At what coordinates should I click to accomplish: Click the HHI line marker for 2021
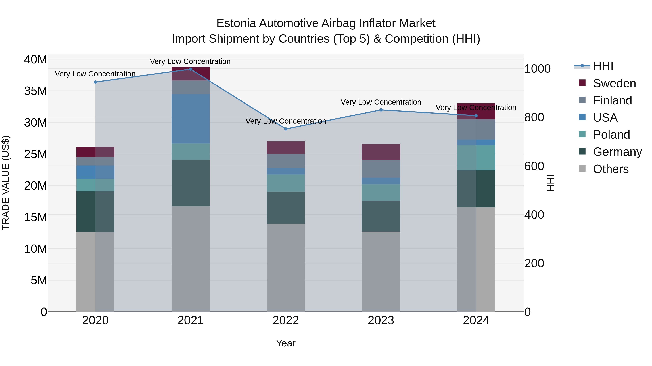tap(191, 69)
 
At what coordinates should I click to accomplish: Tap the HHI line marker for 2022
tap(286, 129)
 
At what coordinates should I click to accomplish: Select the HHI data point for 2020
tap(95, 82)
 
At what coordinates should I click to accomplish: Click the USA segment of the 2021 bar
tap(191, 119)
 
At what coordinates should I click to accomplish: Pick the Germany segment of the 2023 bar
tap(381, 216)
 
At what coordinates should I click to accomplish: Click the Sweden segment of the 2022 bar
tap(286, 147)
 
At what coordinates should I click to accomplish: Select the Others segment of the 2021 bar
tap(191, 259)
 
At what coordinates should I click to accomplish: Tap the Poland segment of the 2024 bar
tap(476, 158)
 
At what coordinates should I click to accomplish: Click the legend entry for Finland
tap(612, 100)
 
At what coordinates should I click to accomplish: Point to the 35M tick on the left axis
tap(36, 91)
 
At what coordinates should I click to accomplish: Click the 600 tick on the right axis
tap(534, 166)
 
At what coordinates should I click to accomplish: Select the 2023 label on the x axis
tap(381, 320)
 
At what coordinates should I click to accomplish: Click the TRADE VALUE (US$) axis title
tap(6, 183)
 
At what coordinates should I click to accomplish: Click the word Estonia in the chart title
tap(236, 23)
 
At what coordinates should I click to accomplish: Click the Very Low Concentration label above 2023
tap(381, 102)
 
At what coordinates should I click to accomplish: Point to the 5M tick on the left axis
tap(39, 280)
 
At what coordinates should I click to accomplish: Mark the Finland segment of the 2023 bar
tap(381, 169)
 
